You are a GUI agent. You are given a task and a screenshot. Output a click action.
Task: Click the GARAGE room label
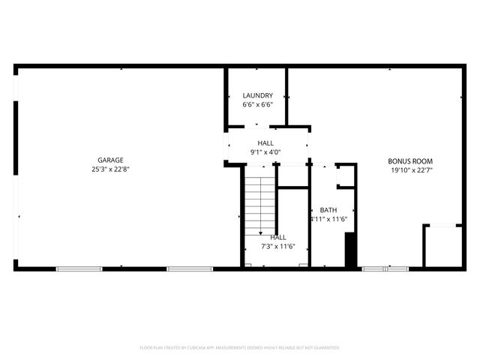110,160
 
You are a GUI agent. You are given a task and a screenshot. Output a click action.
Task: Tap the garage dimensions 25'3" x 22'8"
110,169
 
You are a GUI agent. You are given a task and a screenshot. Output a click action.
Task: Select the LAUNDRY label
257,95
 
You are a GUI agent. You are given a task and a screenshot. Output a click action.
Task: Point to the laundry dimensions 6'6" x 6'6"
257,105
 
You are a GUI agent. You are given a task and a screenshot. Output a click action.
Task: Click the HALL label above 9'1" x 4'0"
265,142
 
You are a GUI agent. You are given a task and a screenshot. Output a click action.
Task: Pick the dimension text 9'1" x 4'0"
265,152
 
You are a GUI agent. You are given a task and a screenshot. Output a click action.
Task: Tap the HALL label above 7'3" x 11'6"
278,237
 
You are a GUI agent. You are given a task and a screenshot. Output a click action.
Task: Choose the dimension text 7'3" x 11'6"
278,246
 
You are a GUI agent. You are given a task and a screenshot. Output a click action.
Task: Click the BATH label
328,210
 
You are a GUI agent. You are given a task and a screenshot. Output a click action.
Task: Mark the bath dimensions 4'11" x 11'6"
328,219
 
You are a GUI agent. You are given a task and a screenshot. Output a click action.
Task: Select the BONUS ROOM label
410,160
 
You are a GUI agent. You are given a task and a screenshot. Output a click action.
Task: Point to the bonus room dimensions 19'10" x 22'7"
410,170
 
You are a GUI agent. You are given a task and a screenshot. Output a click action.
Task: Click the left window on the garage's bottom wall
79,268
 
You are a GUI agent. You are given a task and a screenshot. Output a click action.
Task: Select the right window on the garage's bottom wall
190,268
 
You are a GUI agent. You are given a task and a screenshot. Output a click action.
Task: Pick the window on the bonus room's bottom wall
385,268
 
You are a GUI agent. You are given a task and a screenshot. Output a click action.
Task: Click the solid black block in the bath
349,249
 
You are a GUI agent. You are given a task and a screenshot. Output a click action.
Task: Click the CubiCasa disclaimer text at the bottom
240,348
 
